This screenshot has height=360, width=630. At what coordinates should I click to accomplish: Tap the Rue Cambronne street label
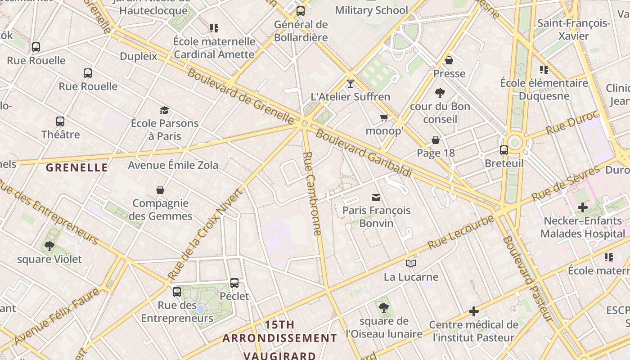312,193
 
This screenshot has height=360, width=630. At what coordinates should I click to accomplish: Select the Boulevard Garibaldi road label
364,153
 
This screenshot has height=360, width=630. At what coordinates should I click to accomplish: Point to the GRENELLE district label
77,168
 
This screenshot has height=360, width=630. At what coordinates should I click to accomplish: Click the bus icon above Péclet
234,283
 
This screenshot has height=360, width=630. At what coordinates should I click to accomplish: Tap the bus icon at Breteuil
504,150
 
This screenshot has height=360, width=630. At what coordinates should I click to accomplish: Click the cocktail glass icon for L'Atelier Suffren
351,83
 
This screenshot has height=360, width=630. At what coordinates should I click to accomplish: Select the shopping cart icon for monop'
384,118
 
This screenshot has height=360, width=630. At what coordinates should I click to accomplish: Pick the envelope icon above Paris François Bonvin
376,197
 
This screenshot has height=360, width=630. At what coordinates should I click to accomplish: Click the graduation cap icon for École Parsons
164,110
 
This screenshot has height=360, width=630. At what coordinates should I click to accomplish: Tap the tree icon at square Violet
49,246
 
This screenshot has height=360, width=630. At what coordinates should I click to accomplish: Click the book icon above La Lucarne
411,264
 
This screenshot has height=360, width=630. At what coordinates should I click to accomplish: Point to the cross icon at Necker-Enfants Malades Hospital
583,207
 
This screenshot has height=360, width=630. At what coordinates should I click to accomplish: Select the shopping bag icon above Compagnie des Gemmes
160,190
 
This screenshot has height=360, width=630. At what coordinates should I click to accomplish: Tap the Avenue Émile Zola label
173,165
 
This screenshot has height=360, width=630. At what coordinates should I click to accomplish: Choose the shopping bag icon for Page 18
436,140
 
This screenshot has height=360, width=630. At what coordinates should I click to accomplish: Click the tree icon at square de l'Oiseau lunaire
383,308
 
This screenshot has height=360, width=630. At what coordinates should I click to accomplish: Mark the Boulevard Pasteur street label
526,279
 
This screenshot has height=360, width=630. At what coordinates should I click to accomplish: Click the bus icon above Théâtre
60,121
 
